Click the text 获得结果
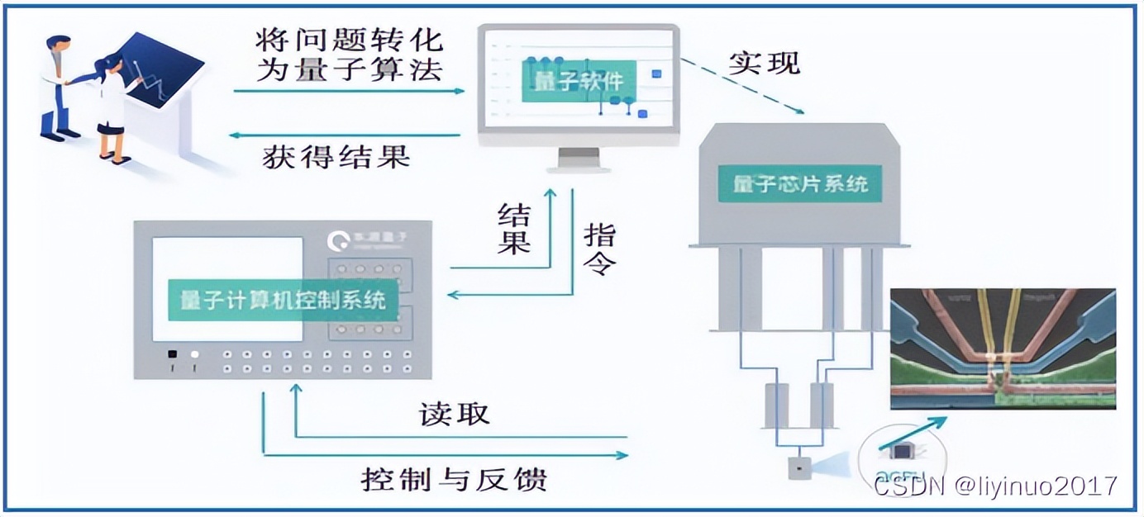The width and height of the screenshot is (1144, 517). pos(336,156)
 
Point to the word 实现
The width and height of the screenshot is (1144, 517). pos(764,63)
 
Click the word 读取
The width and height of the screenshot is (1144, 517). pos(454,414)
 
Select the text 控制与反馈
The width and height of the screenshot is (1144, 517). pos(454,478)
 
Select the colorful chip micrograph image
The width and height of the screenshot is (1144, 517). pos(1003,349)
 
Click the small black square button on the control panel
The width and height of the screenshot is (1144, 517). pos(172,354)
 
